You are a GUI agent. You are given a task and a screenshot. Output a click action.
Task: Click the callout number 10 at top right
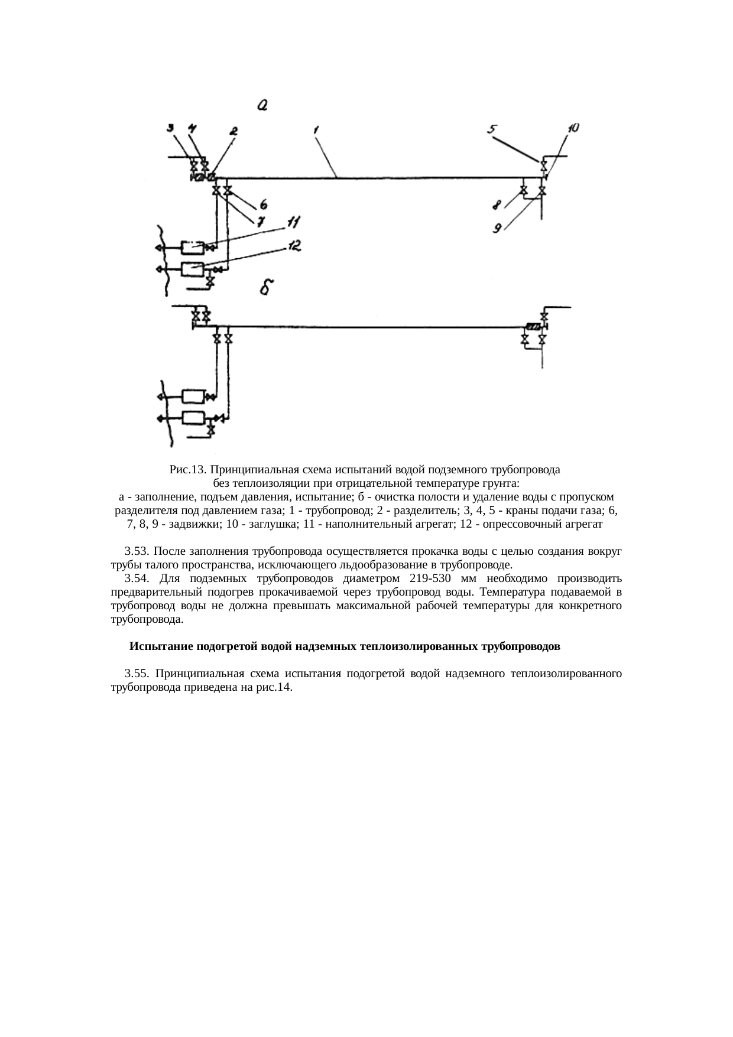(573, 127)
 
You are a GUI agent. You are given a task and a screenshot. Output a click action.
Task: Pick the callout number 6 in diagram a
(262, 204)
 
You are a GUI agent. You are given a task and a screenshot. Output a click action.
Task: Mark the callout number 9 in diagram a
(498, 227)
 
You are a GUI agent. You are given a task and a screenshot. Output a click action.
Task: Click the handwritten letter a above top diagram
(262, 106)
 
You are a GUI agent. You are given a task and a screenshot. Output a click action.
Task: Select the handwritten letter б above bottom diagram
(267, 288)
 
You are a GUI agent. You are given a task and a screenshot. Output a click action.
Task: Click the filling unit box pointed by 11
(192, 246)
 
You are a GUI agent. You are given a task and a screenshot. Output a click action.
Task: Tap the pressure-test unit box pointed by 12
(192, 269)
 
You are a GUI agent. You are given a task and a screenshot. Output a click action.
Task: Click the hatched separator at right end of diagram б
(533, 327)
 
